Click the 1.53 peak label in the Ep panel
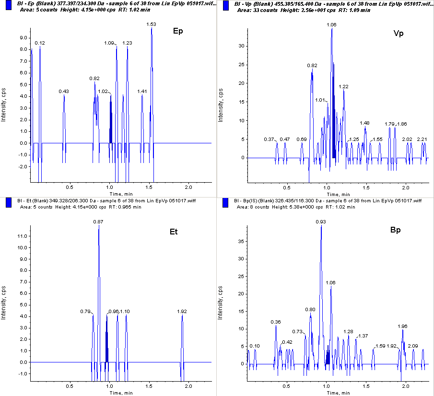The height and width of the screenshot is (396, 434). tap(152, 24)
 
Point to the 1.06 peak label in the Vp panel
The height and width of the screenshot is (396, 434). tap(331, 24)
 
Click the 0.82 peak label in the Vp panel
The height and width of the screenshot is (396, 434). tap(312, 65)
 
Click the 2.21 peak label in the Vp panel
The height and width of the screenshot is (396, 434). tap(422, 139)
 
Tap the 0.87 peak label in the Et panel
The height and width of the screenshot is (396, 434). tap(99, 221)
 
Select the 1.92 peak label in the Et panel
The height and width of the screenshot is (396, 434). tap(182, 311)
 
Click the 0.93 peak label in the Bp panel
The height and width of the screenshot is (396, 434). tap(321, 221)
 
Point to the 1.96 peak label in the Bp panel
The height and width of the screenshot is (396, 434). tap(403, 326)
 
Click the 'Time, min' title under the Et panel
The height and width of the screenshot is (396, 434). tap(121, 393)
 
